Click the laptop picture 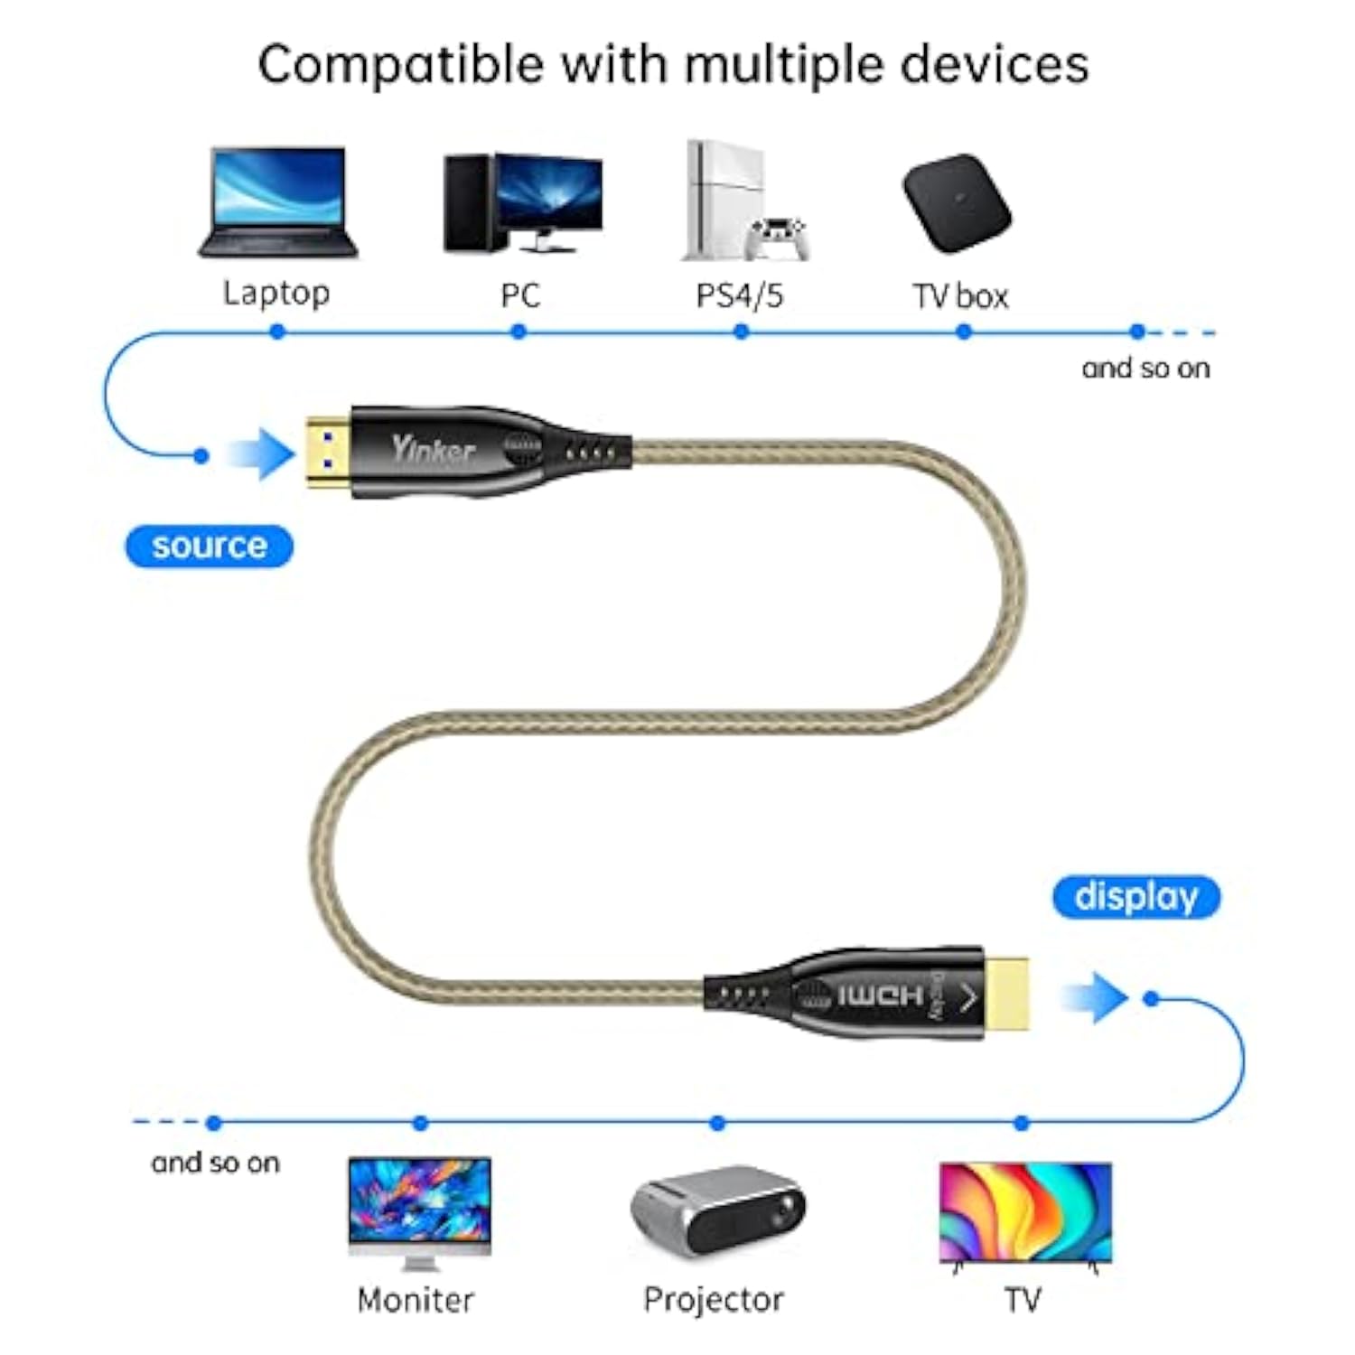277,202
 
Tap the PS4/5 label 739,295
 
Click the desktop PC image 522,202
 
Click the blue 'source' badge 209,547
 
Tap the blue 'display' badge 1136,897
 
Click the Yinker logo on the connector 434,449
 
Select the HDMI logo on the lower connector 880,996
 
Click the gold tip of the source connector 327,452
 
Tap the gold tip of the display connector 1005,994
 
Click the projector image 718,1210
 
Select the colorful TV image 1025,1212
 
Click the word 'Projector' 714,1300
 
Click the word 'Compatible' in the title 401,65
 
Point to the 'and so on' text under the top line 1145,368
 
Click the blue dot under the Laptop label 277,332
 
